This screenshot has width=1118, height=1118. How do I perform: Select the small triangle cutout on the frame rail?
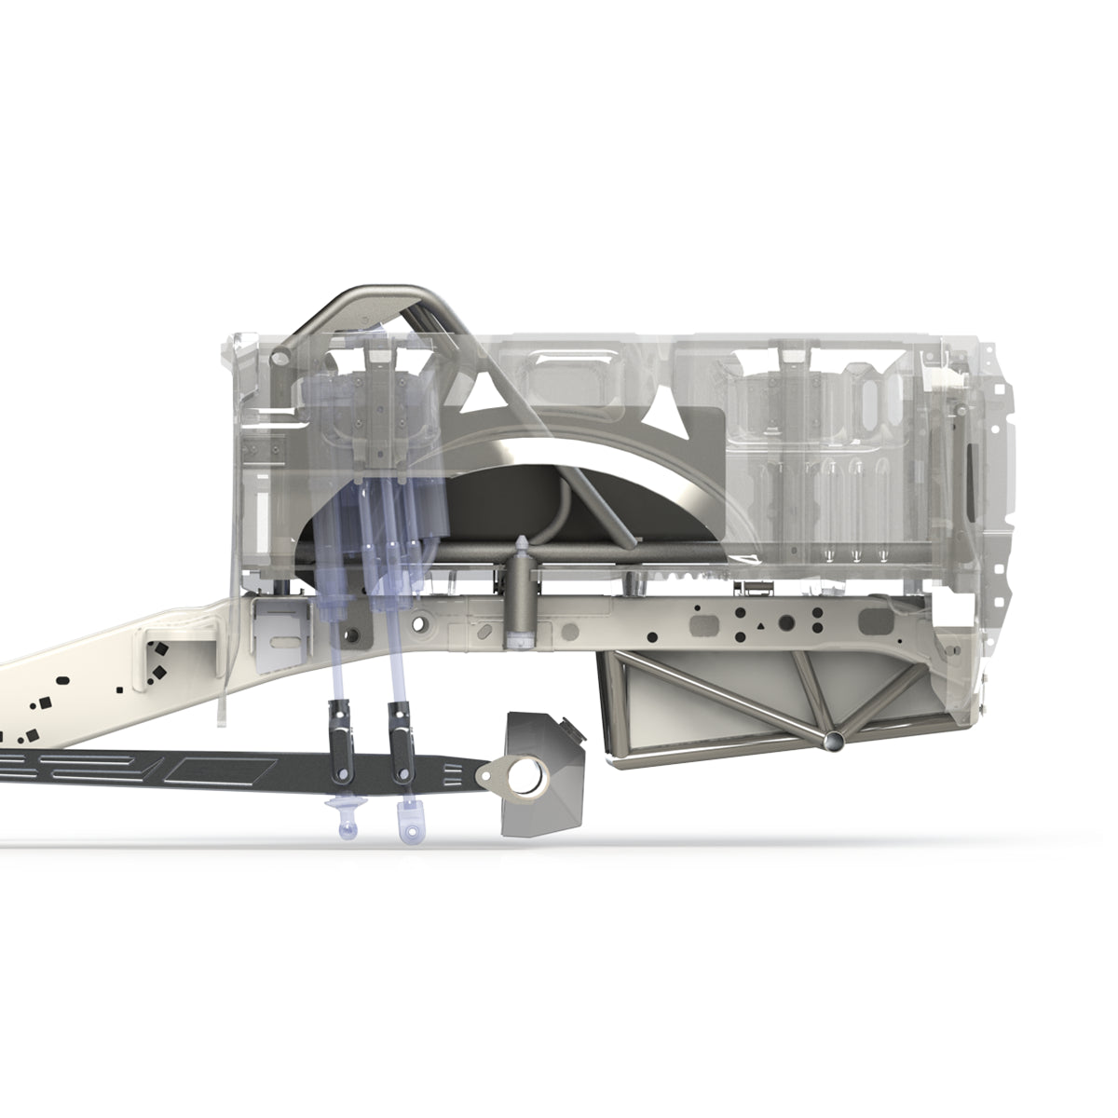coord(764,626)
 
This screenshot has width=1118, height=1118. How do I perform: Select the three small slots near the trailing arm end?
coord(453,770)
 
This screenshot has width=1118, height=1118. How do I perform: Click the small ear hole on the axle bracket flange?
coord(485,772)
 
